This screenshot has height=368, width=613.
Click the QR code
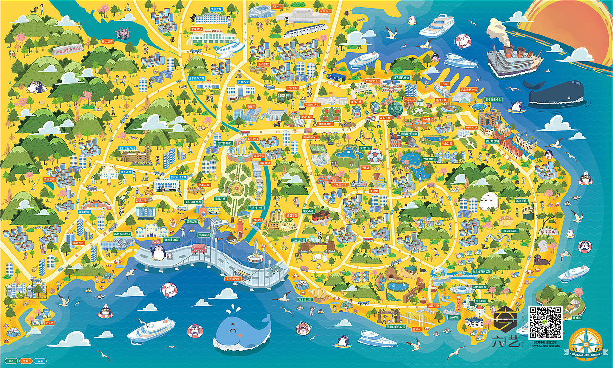pos(545,322)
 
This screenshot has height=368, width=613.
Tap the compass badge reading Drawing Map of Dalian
pos(586,344)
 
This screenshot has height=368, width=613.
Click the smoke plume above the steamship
pos(498,31)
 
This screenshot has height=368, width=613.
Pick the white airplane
pos(229,48)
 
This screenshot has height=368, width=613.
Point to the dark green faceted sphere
pos(396,109)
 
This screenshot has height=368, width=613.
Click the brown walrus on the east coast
pos(541,260)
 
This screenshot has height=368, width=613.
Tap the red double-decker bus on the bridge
pos(198,249)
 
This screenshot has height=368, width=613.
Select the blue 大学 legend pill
pos(41,360)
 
